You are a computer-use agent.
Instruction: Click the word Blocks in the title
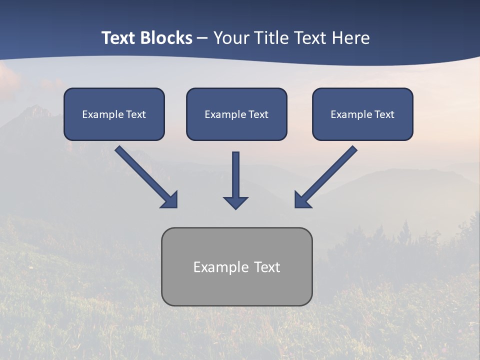pyautogui.click(x=166, y=38)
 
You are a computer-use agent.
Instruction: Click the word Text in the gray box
pyautogui.click(x=266, y=267)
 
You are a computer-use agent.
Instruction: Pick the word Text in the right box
pyautogui.click(x=384, y=114)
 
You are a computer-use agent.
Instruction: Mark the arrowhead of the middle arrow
pyautogui.click(x=235, y=202)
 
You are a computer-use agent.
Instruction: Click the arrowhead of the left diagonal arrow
pyautogui.click(x=170, y=200)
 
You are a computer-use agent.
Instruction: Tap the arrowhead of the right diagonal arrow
pyautogui.click(x=301, y=200)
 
